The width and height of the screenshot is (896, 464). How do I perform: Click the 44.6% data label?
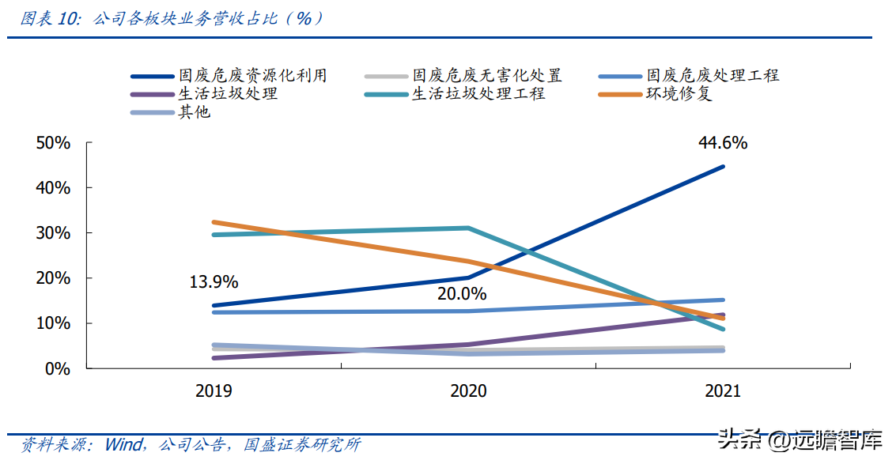[722, 143]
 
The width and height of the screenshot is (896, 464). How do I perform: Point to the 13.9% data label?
[214, 282]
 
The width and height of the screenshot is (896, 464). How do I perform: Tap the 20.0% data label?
[463, 294]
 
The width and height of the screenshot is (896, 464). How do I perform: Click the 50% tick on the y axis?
[54, 143]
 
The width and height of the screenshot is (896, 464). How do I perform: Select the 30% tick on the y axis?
[54, 233]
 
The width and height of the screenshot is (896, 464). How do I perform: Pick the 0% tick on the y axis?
[59, 369]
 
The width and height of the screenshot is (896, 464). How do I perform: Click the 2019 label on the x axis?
[214, 391]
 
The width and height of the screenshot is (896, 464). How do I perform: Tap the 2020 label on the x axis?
[468, 391]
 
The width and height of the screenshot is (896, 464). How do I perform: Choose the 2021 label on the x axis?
[722, 391]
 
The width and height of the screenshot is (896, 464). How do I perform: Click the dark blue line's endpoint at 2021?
[723, 167]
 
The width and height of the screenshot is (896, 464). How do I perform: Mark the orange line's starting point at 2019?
[214, 222]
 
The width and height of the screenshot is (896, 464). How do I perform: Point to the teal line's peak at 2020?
[468, 228]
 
